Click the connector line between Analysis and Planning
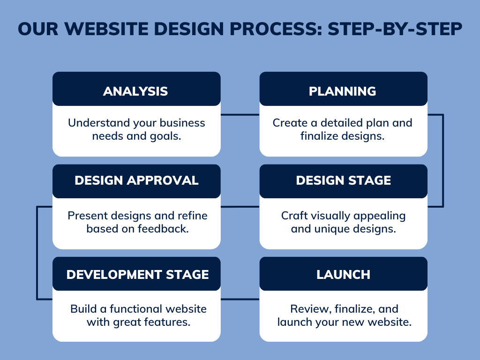tap(240, 115)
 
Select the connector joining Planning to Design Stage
tap(443, 161)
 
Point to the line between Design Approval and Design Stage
tap(240, 207)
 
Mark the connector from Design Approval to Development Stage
tap(37, 253)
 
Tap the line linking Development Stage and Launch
tap(240, 299)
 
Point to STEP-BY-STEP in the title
tap(395, 29)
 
